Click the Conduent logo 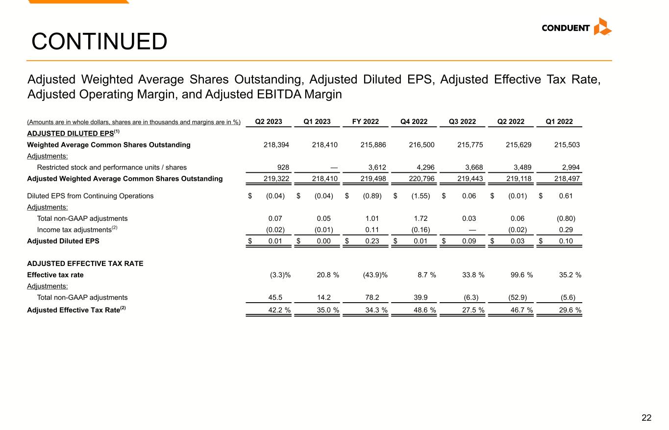(576, 27)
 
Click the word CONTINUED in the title (99, 42)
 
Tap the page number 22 (646, 418)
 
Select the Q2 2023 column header (269, 122)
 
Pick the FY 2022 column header (366, 122)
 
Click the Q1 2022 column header (559, 122)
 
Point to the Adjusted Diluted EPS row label (63, 241)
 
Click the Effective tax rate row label (55, 275)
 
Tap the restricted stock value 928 (283, 167)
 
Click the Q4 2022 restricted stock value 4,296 (425, 167)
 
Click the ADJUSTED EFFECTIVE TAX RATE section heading (85, 263)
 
